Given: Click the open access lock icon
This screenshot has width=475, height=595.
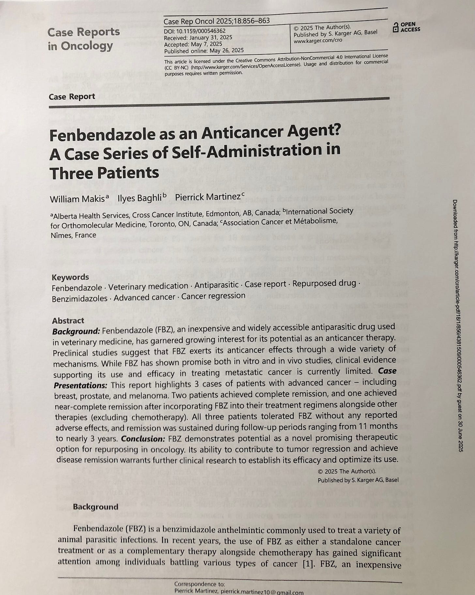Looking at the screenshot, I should point(396,27).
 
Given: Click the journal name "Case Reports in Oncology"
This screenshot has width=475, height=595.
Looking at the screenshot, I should point(84,39).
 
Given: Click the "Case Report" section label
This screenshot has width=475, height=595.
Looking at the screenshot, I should point(72,97).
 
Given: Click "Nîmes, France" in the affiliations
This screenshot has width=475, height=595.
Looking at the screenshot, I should point(73,235).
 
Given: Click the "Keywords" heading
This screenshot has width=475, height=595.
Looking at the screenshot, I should point(70,277).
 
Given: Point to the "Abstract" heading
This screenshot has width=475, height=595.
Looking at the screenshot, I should point(68,320).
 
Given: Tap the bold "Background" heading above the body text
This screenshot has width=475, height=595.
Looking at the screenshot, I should point(95,507).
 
